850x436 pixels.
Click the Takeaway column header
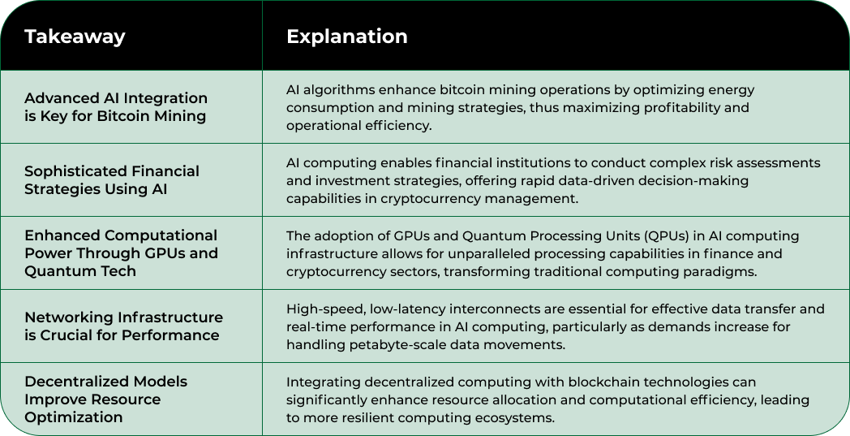75,37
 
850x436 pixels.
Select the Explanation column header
346,37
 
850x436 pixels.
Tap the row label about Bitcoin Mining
115,107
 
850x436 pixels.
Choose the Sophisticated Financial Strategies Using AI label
111,180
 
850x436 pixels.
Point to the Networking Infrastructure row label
122,326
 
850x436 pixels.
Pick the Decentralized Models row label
105,399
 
